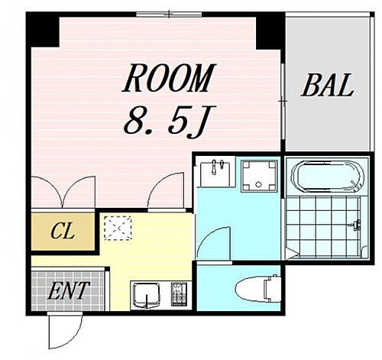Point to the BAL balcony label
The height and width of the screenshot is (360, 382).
point(327,86)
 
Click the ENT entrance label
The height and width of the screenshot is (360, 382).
point(68,290)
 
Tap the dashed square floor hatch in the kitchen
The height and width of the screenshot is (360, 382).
point(118,227)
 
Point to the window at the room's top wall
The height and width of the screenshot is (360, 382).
point(169,13)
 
